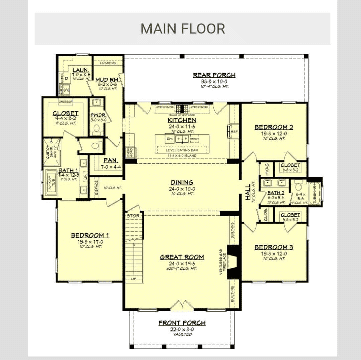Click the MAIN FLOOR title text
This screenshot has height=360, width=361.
coord(183,29)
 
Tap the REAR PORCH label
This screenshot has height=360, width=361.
coord(214,75)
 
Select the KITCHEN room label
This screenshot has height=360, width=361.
coord(182,120)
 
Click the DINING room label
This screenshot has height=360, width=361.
coord(182,182)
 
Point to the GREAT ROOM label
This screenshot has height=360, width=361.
coord(182,257)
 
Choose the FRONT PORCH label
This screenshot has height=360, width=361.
coord(182,323)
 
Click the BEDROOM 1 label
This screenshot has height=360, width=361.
coord(90,235)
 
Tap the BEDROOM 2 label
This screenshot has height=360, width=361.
coord(274,127)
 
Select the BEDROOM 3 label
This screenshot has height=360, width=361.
coord(274,247)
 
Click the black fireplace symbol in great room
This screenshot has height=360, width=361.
coord(233,262)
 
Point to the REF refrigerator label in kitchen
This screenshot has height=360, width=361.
coord(234,132)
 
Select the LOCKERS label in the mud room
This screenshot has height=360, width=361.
coord(108,63)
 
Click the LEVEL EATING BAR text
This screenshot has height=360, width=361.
coord(182,150)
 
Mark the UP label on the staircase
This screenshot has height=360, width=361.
coord(133,278)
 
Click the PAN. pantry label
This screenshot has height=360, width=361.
coord(109,160)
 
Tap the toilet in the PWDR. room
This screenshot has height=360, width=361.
coord(96,128)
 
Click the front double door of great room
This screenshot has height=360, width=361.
coord(182,305)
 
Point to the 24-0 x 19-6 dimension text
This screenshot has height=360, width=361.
coord(182,263)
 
